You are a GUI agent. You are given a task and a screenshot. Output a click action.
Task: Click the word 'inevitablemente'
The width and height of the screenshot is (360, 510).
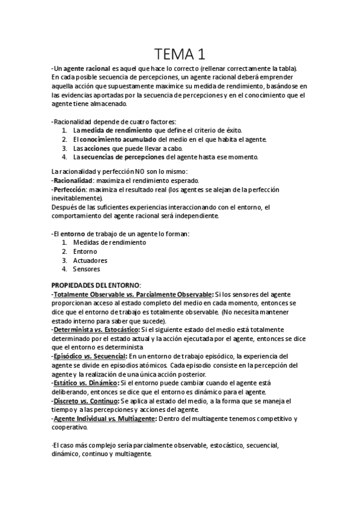click(77, 198)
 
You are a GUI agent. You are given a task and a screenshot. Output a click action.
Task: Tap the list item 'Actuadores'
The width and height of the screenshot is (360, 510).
click(90, 260)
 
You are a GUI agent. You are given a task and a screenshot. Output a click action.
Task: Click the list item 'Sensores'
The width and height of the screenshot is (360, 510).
click(87, 269)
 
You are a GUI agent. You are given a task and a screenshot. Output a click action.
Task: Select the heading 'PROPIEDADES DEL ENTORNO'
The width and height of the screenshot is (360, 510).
click(96, 284)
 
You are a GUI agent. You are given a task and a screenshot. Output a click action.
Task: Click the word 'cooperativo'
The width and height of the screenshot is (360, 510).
click(69, 427)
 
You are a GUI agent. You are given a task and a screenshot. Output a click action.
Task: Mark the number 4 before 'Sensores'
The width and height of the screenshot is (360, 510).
click(65, 269)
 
